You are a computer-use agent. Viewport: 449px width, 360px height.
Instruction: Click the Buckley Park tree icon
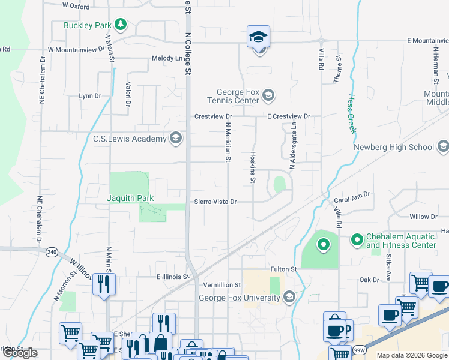point(121,25)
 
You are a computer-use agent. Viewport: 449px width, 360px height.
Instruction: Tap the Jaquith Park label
point(130,199)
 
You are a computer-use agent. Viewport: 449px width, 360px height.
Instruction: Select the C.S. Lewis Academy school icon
point(176,139)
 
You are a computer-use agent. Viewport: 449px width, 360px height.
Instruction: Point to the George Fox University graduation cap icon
point(289,298)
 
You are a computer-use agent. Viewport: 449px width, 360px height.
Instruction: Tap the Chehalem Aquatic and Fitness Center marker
point(357,240)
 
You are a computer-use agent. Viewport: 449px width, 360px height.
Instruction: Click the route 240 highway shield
point(52,253)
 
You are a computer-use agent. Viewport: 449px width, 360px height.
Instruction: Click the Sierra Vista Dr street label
point(215,202)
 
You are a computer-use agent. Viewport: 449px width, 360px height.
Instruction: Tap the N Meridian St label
point(228,143)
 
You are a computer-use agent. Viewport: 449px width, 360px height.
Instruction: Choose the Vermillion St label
point(222,285)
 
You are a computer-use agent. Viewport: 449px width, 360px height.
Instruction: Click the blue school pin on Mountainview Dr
point(259,37)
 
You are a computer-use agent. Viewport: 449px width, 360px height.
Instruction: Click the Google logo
point(20,353)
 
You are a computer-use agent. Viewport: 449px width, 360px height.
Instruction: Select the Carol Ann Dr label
point(353,196)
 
